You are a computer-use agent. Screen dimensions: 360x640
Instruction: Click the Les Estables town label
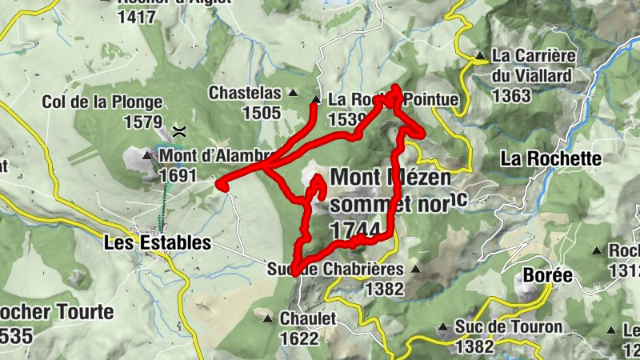(158, 242)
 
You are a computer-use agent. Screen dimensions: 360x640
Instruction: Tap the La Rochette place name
(550, 158)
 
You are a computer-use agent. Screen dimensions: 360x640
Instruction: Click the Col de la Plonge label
(102, 103)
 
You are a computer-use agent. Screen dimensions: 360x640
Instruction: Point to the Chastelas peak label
(245, 93)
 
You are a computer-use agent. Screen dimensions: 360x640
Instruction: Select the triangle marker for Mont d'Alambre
(147, 154)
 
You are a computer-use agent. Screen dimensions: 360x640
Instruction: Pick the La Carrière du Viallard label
(534, 66)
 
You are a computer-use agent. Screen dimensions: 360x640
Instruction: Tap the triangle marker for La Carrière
(480, 57)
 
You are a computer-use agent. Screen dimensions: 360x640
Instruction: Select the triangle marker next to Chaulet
(268, 318)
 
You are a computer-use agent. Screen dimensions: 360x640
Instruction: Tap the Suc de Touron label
(508, 327)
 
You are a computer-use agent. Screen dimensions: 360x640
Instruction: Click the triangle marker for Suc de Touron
(442, 327)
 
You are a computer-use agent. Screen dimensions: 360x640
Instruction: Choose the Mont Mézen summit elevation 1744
(353, 230)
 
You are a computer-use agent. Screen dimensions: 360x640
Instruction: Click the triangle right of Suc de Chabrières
(415, 269)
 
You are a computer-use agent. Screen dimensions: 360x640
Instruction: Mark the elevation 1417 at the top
(136, 15)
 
